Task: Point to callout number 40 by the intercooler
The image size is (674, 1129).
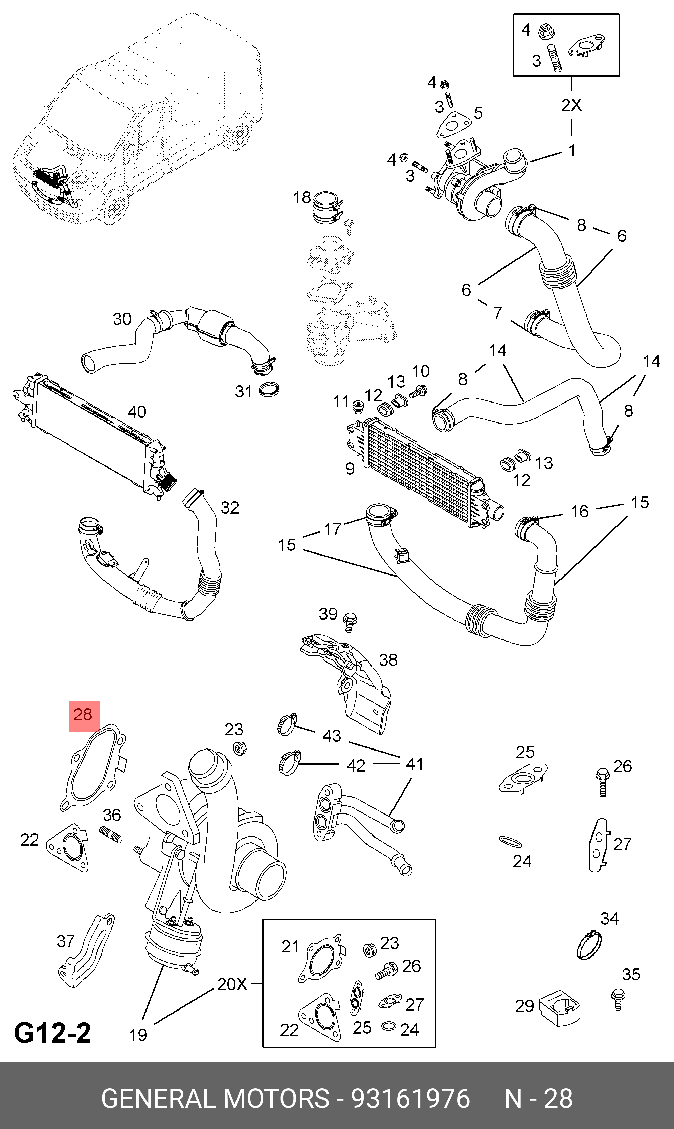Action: coord(137,412)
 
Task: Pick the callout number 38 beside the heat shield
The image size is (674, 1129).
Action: coord(388,660)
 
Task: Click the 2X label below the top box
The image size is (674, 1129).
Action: coord(571,105)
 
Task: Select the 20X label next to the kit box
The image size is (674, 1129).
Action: coord(232,984)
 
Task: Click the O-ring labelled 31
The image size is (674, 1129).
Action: coord(268,390)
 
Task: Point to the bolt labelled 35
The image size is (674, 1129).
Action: coord(617,999)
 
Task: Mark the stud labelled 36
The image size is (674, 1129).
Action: coord(111,834)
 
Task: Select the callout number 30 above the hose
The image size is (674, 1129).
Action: coord(122,319)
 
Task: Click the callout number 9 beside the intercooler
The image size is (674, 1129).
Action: coord(350,469)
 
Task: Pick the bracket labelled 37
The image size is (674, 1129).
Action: coord(86,951)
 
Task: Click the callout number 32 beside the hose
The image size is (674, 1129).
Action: coord(229,508)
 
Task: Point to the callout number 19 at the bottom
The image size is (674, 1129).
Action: coord(138,1036)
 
